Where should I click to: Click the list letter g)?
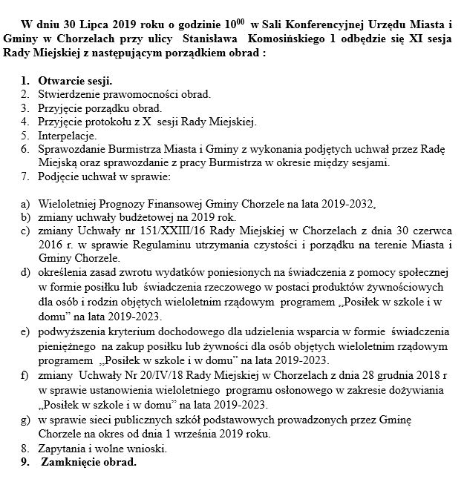tap(25, 420)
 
